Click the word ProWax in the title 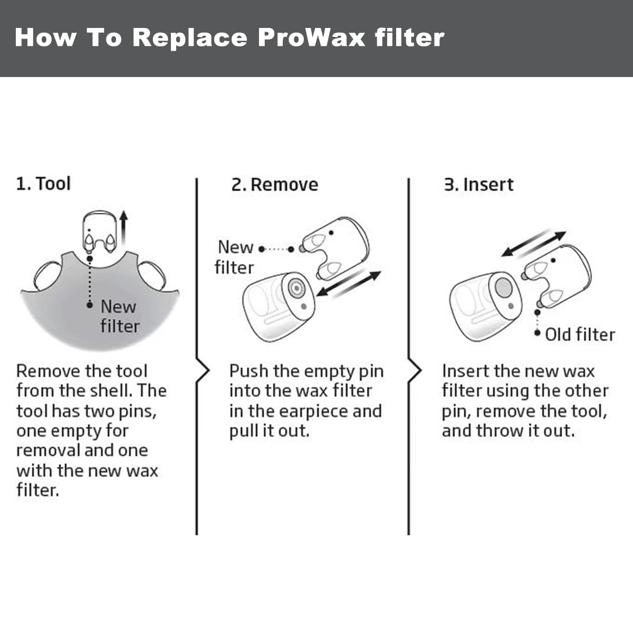pyautogui.click(x=311, y=38)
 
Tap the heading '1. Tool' pyautogui.click(x=43, y=184)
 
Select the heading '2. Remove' pyautogui.click(x=275, y=185)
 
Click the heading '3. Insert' pyautogui.click(x=478, y=185)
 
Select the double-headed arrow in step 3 pyautogui.click(x=533, y=244)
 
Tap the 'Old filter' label pyautogui.click(x=580, y=334)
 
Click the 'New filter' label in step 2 pyautogui.click(x=235, y=257)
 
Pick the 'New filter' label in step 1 pyautogui.click(x=119, y=316)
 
